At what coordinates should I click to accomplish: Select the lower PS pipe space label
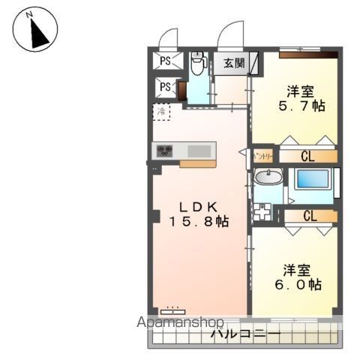coord(165,88)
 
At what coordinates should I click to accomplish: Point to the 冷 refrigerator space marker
coord(161,111)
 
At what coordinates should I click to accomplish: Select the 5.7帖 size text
coord(303,106)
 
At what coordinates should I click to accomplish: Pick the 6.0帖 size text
coord(302,285)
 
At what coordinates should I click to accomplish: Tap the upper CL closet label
coord(307,157)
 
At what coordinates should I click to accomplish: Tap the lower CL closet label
coord(307,216)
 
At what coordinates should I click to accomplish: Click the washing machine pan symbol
coord(263,211)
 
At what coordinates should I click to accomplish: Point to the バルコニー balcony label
coord(245,334)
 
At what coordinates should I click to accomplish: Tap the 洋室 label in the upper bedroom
coord(299,91)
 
